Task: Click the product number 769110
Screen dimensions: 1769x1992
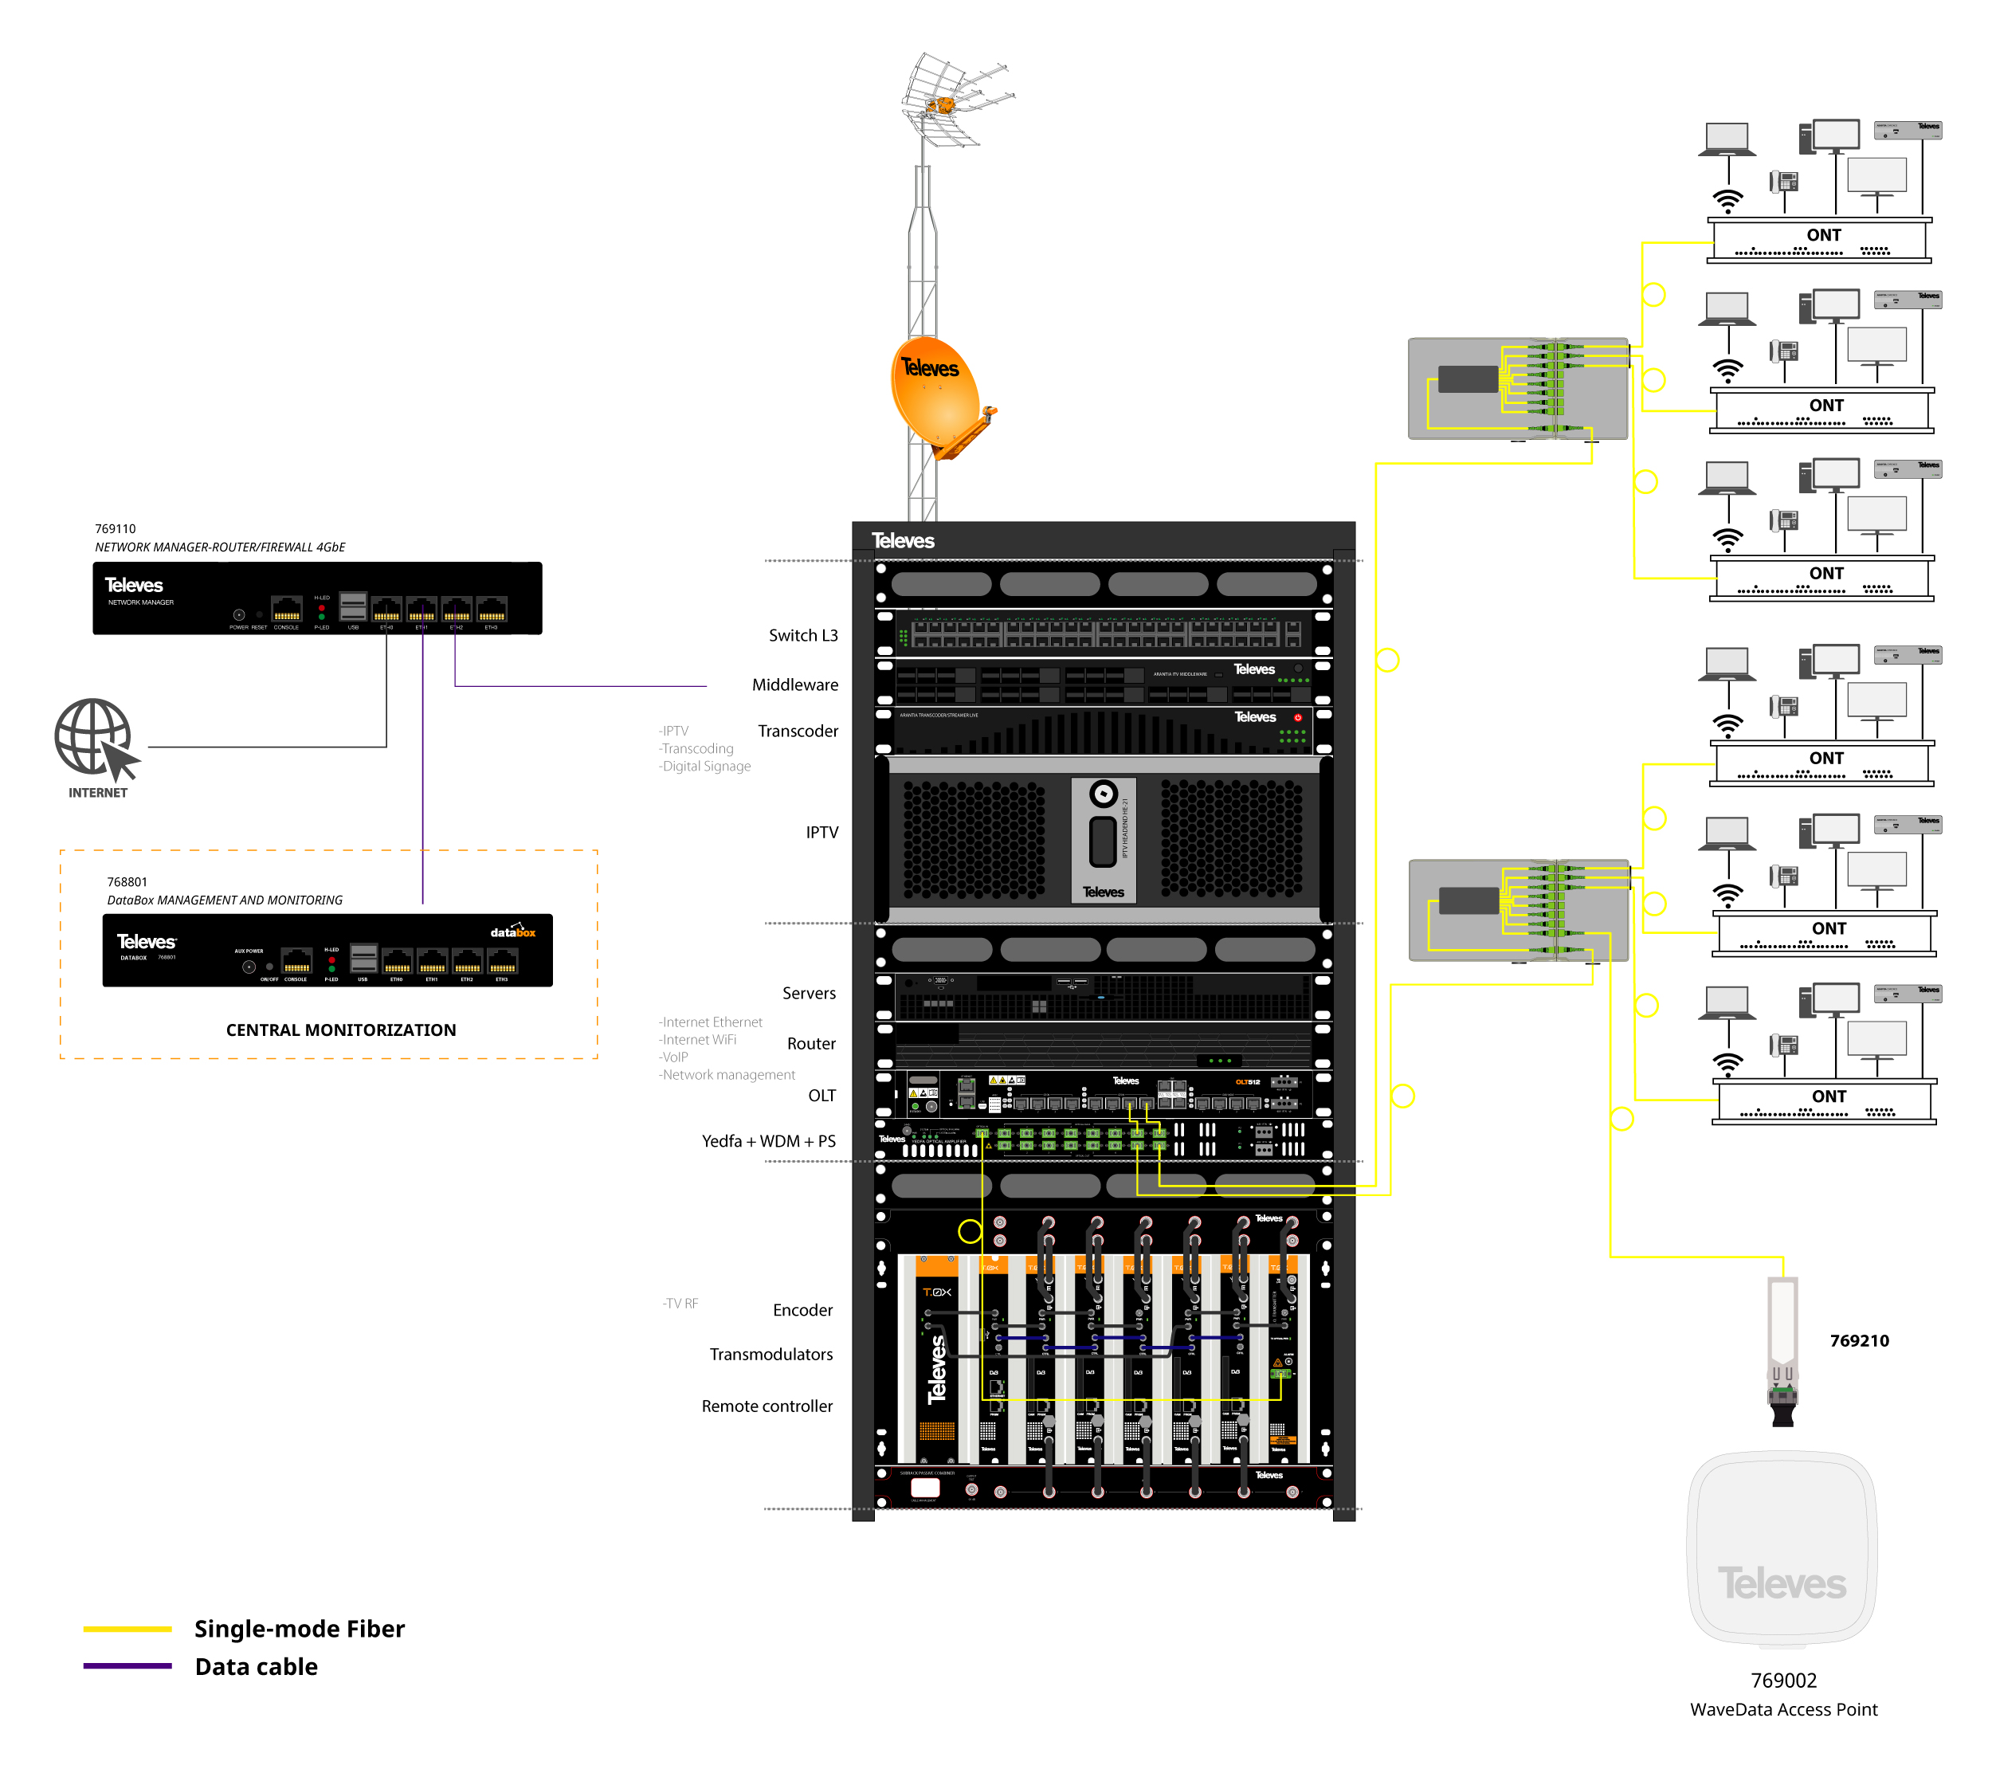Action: click(x=115, y=528)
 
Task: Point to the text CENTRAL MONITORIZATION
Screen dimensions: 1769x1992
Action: click(x=340, y=1030)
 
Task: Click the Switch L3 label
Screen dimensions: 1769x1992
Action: click(x=802, y=635)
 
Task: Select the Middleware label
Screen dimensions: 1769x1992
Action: click(x=794, y=685)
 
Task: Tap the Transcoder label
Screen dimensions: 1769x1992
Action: click(x=797, y=731)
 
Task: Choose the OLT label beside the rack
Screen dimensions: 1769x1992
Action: click(x=821, y=1096)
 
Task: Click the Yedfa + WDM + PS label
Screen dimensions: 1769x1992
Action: click(x=768, y=1141)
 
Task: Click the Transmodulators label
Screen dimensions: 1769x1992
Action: click(x=770, y=1355)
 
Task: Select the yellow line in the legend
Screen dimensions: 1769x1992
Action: click(x=127, y=1630)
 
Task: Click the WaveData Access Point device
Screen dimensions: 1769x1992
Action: click(x=1782, y=1550)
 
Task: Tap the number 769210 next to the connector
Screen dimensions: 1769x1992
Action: click(x=1858, y=1341)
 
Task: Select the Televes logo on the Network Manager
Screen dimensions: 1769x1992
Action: click(x=134, y=586)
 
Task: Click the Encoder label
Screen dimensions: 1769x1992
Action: click(x=802, y=1311)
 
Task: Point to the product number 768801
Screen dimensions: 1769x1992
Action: click(x=127, y=882)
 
